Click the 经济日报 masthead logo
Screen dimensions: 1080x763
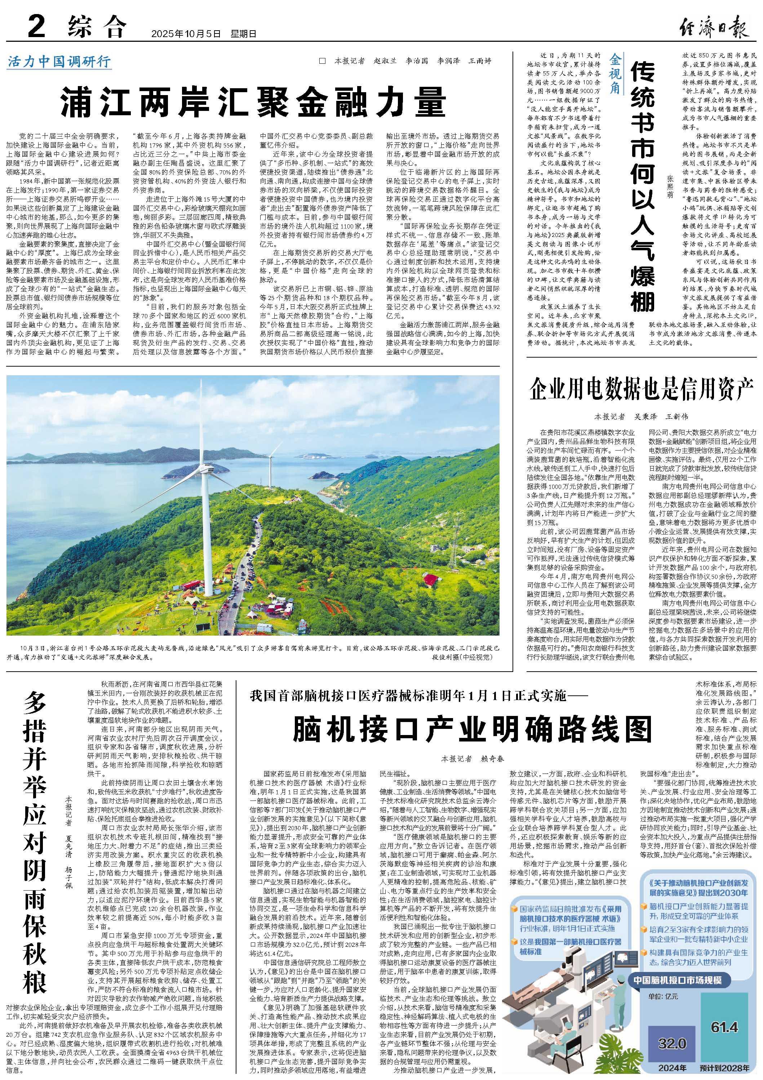[x=714, y=26]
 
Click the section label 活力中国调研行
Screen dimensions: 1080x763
[x=59, y=61]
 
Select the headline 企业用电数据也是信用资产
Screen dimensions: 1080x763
[x=643, y=389]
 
